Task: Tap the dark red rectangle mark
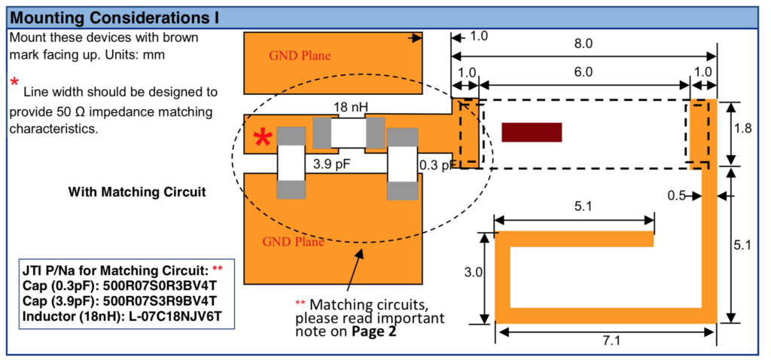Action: pyautogui.click(x=532, y=132)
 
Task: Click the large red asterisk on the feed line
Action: pyautogui.click(x=263, y=138)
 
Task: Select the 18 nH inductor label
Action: pyautogui.click(x=350, y=108)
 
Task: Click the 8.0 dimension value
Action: pyautogui.click(x=583, y=44)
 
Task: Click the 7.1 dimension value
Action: pyautogui.click(x=610, y=340)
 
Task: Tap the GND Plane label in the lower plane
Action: pyautogui.click(x=293, y=243)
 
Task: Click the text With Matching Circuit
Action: pyautogui.click(x=136, y=192)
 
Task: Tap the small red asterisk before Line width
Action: pyautogui.click(x=14, y=82)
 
